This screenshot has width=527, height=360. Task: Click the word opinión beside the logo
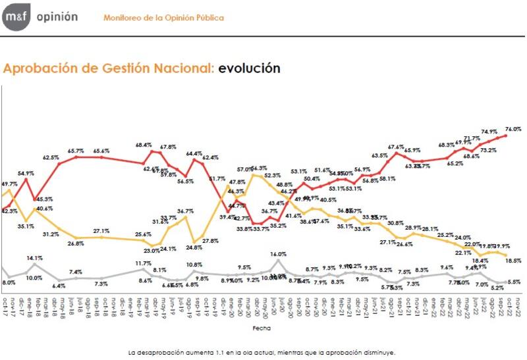[x=56, y=17]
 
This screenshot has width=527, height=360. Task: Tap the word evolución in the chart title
[x=250, y=68]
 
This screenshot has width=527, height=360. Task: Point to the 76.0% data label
[x=513, y=129]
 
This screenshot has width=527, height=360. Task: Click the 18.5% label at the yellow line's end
[x=514, y=261]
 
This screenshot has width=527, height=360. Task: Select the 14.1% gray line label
[x=35, y=258]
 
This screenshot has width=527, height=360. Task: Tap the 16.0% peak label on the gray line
[x=279, y=253]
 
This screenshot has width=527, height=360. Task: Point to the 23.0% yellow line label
[x=152, y=250]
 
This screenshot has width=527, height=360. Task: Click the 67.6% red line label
[x=396, y=146]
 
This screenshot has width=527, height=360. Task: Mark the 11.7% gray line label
[x=144, y=263]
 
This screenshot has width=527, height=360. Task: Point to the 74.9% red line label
[x=488, y=131]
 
